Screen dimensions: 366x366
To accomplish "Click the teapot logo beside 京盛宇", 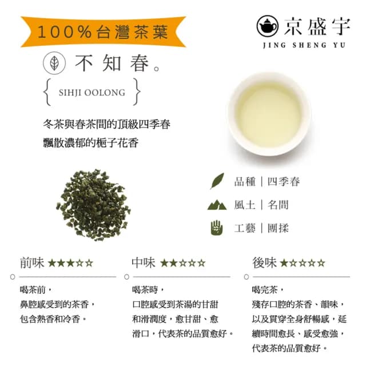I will [x=267, y=26].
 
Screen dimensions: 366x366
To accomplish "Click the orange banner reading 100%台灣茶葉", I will [x=103, y=32].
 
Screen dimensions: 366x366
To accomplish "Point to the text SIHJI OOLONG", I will [x=91, y=92].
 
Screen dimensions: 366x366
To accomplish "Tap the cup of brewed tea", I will [x=269, y=113].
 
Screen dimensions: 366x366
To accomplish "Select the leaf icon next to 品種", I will [x=217, y=182].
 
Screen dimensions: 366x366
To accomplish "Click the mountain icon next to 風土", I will [x=217, y=205].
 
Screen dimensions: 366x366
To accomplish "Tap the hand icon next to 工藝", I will [x=217, y=227].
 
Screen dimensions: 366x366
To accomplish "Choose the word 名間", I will [x=277, y=205].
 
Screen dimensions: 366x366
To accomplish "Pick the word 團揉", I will [x=277, y=228].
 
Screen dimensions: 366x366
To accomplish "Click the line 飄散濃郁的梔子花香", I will [x=91, y=142].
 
